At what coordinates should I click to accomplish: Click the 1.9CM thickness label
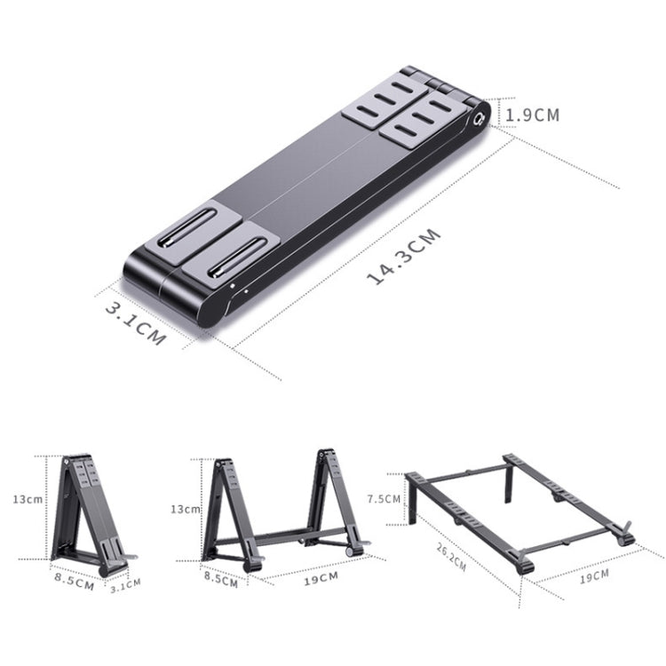pos(532,115)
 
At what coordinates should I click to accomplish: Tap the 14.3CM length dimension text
pos(404,257)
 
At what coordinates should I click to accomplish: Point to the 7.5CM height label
pos(384,499)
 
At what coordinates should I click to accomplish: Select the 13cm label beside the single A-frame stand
pos(27,499)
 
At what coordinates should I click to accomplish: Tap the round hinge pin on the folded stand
pos(480,116)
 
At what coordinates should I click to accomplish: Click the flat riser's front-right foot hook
pos(625,535)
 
